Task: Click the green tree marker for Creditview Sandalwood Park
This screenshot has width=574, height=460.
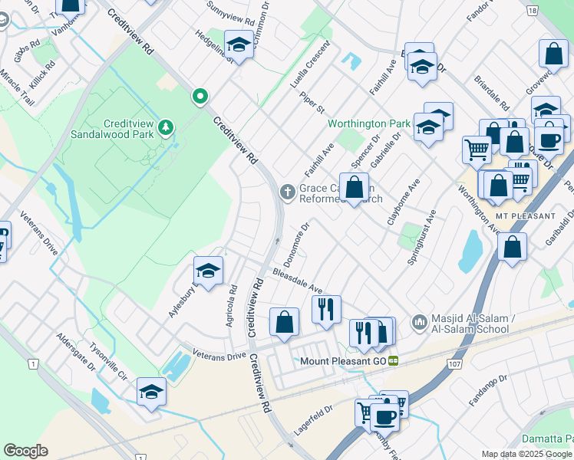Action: pos(166,125)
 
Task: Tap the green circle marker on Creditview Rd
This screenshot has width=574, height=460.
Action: pos(200,96)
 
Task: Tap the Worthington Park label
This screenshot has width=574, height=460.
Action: pos(368,123)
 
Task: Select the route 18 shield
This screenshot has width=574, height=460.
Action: pos(533,10)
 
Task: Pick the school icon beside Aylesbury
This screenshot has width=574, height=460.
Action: pos(207,270)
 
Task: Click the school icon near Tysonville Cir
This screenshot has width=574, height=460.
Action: pos(151,392)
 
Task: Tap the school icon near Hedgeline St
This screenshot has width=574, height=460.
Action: pos(239,44)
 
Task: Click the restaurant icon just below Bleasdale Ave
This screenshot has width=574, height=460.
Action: pos(326,309)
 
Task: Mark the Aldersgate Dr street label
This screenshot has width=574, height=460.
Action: pos(75,353)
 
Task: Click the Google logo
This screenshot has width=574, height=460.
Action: pos(26,451)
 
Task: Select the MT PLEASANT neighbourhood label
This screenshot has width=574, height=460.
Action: pos(525,216)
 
